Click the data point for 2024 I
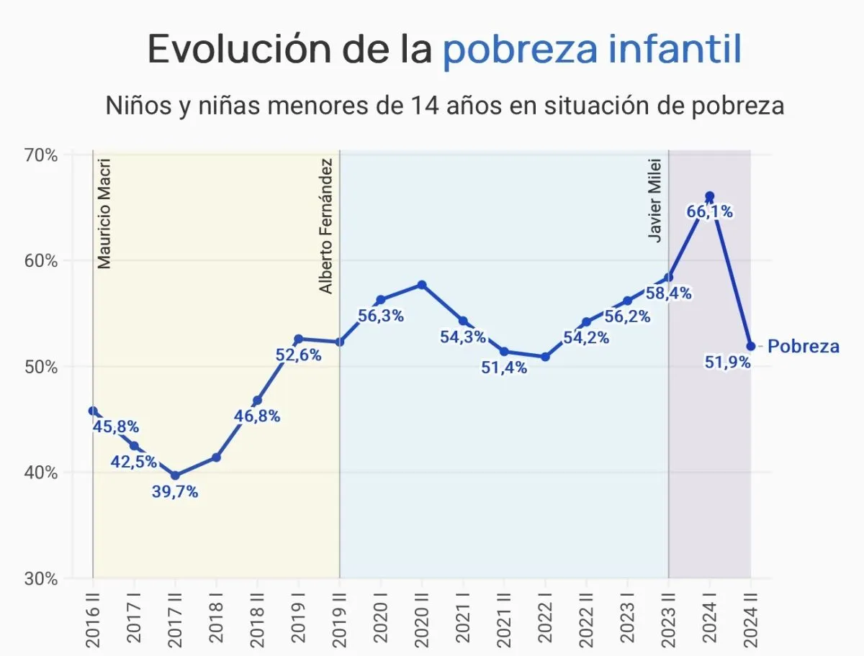pyautogui.click(x=709, y=196)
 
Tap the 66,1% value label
pyautogui.click(x=709, y=211)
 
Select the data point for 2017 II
pyautogui.click(x=175, y=475)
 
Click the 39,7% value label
pyautogui.click(x=175, y=493)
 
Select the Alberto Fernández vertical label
pyautogui.click(x=327, y=226)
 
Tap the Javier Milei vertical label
pyautogui.click(x=655, y=201)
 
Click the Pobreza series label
pyautogui.click(x=803, y=347)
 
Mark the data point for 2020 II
pyautogui.click(x=422, y=285)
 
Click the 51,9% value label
pyautogui.click(x=728, y=363)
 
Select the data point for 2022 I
pyautogui.click(x=545, y=357)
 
